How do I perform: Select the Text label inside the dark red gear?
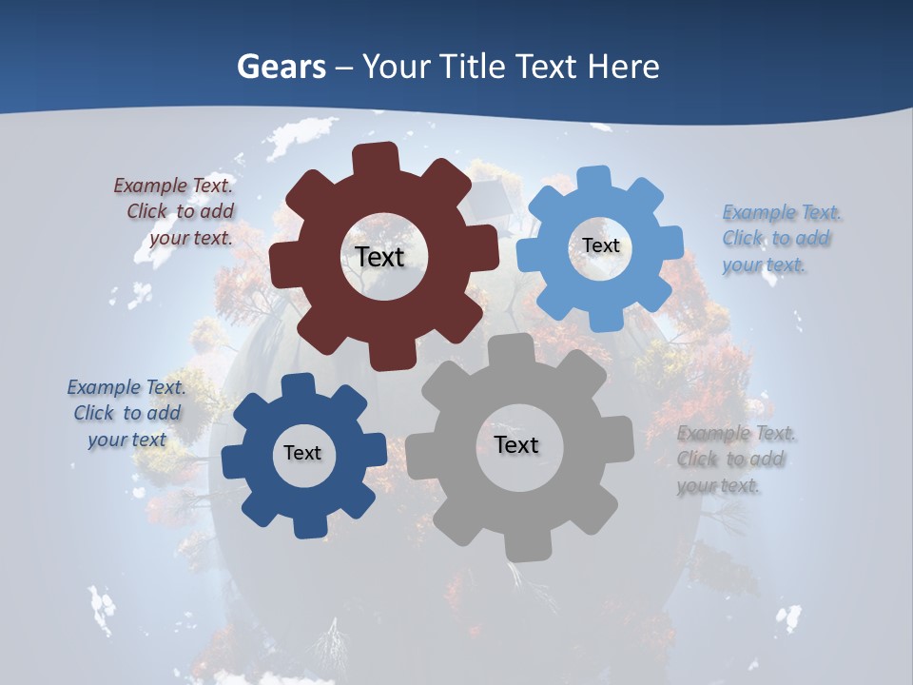(x=379, y=257)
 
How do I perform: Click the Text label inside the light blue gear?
(x=600, y=245)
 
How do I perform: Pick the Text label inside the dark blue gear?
(x=302, y=453)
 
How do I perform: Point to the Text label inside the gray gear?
(x=516, y=444)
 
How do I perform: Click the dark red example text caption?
(x=177, y=212)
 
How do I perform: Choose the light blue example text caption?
(x=780, y=239)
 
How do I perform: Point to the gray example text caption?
(x=734, y=460)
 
